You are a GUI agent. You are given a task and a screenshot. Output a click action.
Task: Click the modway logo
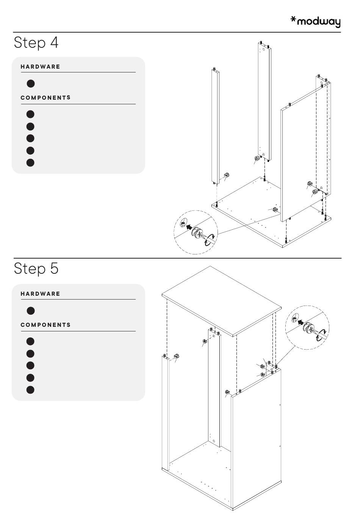point(315,22)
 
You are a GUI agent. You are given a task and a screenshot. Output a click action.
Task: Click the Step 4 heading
point(36,42)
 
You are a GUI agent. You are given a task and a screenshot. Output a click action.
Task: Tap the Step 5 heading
point(36,268)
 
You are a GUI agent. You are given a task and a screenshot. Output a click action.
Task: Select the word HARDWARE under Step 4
point(41,67)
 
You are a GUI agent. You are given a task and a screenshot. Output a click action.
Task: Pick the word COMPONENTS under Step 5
point(45,325)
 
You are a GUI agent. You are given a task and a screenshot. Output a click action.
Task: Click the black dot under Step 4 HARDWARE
point(31,83)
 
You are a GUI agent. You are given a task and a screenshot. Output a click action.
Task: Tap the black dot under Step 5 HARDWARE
point(31,311)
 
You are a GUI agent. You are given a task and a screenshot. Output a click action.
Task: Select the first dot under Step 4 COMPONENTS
point(31,114)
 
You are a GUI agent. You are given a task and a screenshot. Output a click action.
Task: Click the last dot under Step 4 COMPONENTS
point(31,163)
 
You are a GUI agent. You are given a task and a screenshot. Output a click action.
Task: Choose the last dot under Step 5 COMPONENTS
point(31,390)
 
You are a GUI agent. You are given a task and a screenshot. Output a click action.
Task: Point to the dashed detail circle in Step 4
point(196,232)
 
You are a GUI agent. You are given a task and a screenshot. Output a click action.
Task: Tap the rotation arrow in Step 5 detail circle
point(322,334)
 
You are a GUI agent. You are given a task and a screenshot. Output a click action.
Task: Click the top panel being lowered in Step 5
point(222,300)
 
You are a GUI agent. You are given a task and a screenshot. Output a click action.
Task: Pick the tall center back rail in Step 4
point(265,99)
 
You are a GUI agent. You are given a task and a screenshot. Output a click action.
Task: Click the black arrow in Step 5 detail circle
point(301,323)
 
